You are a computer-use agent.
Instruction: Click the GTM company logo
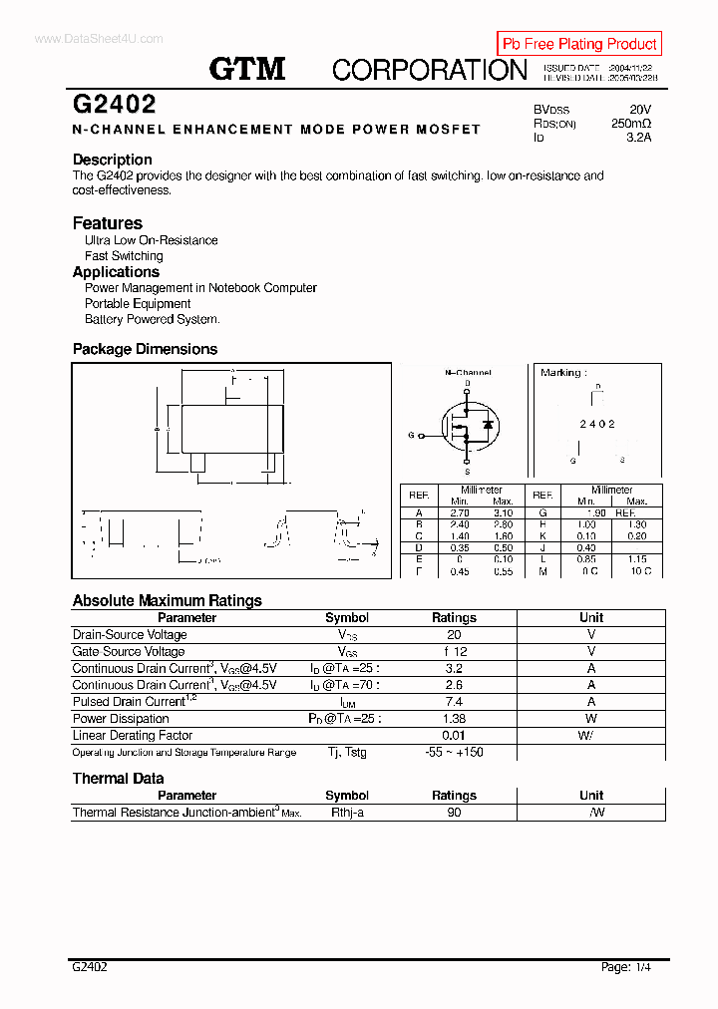247,69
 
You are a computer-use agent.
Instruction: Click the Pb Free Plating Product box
578,44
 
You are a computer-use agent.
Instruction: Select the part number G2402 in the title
114,105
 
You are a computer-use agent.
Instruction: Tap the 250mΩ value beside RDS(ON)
631,124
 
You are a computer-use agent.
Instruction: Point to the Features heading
108,223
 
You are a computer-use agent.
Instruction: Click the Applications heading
116,272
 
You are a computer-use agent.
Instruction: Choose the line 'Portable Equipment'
138,304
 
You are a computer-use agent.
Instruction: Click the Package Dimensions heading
145,349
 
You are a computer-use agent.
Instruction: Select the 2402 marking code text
597,424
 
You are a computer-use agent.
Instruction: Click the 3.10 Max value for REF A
503,511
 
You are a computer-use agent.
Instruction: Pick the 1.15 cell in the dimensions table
638,559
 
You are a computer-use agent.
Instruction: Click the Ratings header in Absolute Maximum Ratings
454,618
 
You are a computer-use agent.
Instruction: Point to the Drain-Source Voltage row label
130,635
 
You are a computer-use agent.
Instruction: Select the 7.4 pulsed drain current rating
454,702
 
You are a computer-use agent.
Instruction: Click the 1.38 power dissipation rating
454,719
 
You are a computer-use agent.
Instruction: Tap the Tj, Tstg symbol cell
347,752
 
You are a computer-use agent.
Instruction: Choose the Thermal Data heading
118,779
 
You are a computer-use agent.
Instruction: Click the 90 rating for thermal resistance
454,813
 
